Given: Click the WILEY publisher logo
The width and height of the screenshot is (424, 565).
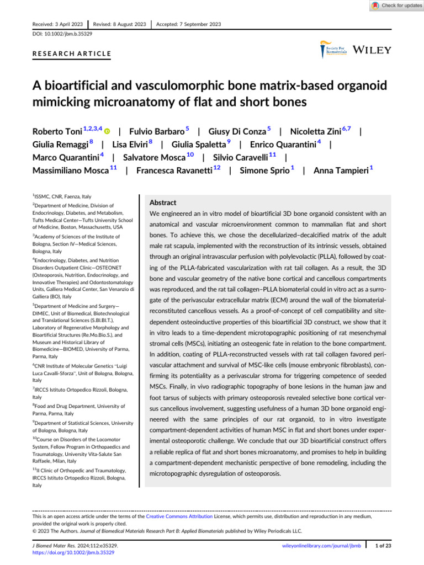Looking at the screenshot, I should [372, 50].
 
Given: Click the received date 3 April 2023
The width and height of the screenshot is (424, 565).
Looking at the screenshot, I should [57, 24].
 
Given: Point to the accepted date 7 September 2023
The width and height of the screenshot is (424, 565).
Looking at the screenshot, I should [189, 24].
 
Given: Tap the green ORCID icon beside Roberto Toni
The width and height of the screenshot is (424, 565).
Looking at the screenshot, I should [107, 132].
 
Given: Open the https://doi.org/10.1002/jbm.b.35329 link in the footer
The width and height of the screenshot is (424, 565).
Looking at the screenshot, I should [73, 552].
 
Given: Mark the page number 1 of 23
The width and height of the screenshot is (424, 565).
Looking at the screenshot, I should [384, 546].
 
